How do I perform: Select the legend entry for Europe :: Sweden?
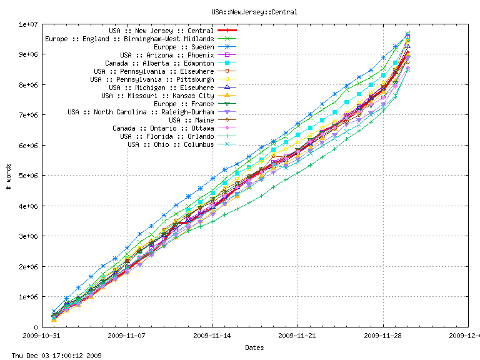(184, 47)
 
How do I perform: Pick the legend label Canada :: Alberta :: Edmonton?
(159, 63)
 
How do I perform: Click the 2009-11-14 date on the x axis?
(212, 336)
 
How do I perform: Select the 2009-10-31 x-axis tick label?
(42, 336)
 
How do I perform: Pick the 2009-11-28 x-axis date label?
(383, 336)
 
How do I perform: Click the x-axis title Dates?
(254, 347)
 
